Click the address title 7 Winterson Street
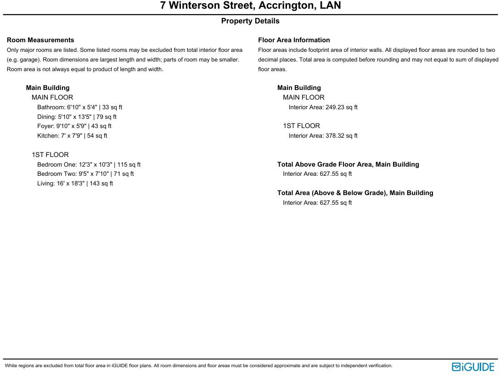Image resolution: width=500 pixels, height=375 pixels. click(250, 6)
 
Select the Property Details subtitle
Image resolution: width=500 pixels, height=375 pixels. click(250, 21)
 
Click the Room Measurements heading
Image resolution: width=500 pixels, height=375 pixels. click(40, 40)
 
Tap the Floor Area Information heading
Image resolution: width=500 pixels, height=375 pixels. click(294, 40)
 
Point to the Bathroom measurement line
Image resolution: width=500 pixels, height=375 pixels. click(79, 107)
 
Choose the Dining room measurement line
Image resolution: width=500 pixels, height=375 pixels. click(77, 117)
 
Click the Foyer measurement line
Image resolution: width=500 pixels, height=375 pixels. click(74, 126)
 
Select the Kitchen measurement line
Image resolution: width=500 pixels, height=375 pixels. click(72, 136)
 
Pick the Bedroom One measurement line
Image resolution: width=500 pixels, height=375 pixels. click(89, 165)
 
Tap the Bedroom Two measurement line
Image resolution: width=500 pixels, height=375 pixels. click(85, 174)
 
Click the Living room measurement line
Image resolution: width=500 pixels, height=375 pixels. click(75, 184)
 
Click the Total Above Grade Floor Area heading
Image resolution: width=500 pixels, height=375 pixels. click(348, 164)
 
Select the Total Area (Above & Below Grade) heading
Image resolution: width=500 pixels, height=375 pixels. click(355, 193)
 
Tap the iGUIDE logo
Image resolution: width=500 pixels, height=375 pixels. click(473, 367)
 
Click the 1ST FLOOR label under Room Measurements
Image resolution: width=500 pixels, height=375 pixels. click(50, 155)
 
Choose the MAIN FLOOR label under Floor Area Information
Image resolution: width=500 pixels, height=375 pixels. click(303, 98)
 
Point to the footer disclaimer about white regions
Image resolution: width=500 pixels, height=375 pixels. click(198, 366)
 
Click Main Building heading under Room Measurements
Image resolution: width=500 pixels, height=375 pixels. click(48, 88)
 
